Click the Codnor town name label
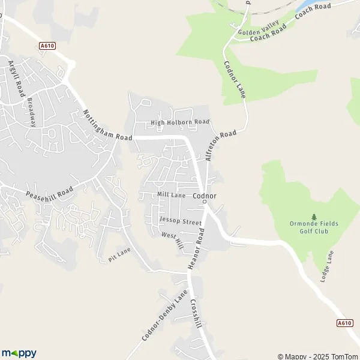[x=205, y=196]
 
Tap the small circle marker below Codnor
[x=205, y=202]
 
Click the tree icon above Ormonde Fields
[x=313, y=217]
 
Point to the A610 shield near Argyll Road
[x=47, y=45]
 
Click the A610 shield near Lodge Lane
[x=344, y=323]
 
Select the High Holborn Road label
[x=180, y=122]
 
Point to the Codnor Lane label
[x=235, y=79]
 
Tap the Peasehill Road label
[x=49, y=193]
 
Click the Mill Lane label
[x=171, y=195]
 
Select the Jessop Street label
[x=181, y=221]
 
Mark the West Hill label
[x=172, y=239]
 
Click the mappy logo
[x=19, y=353]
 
